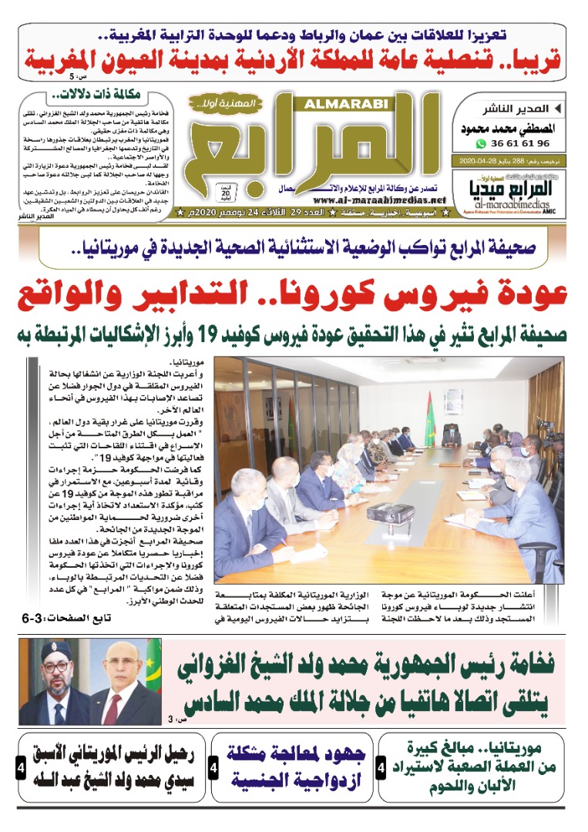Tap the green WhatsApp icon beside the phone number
(x=482, y=143)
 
